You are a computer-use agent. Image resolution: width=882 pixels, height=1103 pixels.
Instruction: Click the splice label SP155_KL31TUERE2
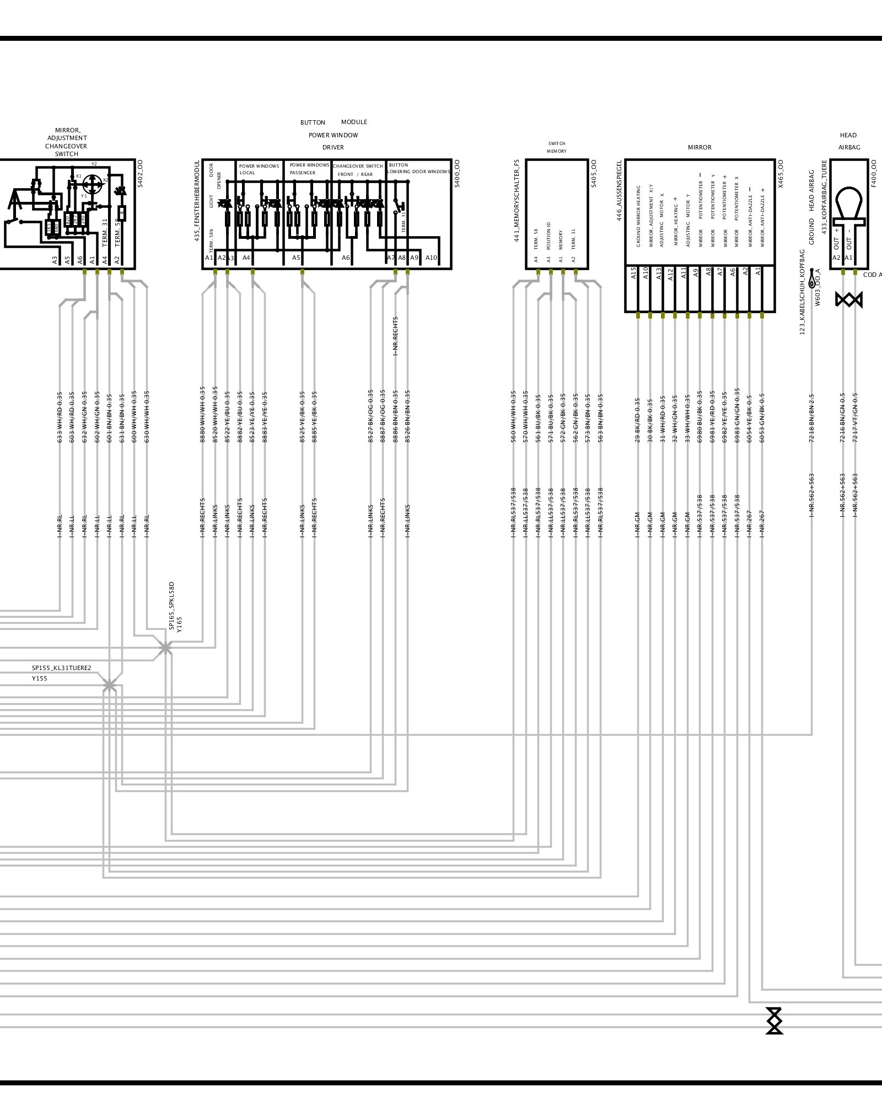61,668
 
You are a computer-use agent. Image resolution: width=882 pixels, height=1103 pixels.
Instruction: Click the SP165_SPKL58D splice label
171,605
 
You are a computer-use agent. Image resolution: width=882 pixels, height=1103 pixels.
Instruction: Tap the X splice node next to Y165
165,649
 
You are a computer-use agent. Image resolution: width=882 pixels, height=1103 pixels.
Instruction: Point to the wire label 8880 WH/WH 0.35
202,415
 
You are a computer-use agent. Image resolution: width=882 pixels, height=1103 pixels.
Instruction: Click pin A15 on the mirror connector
633,273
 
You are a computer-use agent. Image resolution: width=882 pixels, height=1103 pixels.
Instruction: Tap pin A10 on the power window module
431,258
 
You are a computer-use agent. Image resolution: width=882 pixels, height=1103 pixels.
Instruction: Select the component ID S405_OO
594,174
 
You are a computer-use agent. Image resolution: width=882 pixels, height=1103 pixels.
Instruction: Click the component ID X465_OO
780,174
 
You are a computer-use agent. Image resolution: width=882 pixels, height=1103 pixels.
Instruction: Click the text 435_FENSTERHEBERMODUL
197,201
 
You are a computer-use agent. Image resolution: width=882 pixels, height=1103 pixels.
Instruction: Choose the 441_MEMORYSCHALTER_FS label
517,201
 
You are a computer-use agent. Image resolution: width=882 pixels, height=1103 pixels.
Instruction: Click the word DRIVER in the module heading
333,147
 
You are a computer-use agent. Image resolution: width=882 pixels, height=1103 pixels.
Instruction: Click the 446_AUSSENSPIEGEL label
619,191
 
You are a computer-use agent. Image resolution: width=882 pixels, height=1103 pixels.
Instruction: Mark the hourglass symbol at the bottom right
775,1020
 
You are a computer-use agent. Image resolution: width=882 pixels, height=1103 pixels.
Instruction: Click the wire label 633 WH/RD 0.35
60,417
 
